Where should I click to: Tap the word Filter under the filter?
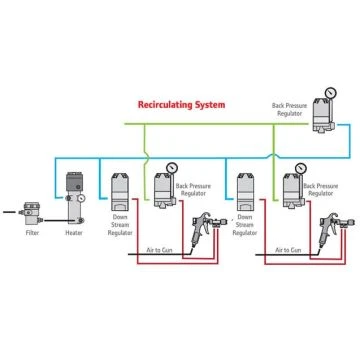pos(33,233)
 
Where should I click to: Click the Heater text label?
pos(72,233)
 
